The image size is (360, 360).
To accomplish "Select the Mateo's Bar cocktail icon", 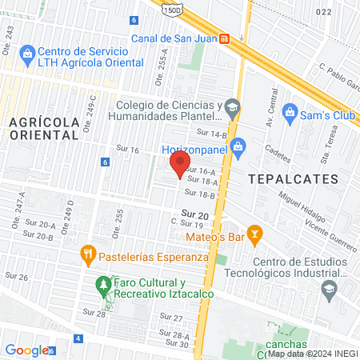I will (x=255, y=234).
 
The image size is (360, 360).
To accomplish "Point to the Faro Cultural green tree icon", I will (x=102, y=284).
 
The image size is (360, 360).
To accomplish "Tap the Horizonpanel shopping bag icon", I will (x=237, y=146).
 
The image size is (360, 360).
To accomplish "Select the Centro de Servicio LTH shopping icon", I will (x=29, y=54).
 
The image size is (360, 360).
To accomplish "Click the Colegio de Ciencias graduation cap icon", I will (x=232, y=106).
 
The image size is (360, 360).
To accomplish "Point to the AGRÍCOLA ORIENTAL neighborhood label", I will (x=44, y=128).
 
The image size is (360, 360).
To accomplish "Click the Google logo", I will (x=26, y=350).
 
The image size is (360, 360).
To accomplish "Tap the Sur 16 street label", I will (x=128, y=150).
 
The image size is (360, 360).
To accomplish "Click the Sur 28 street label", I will (x=94, y=313).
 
